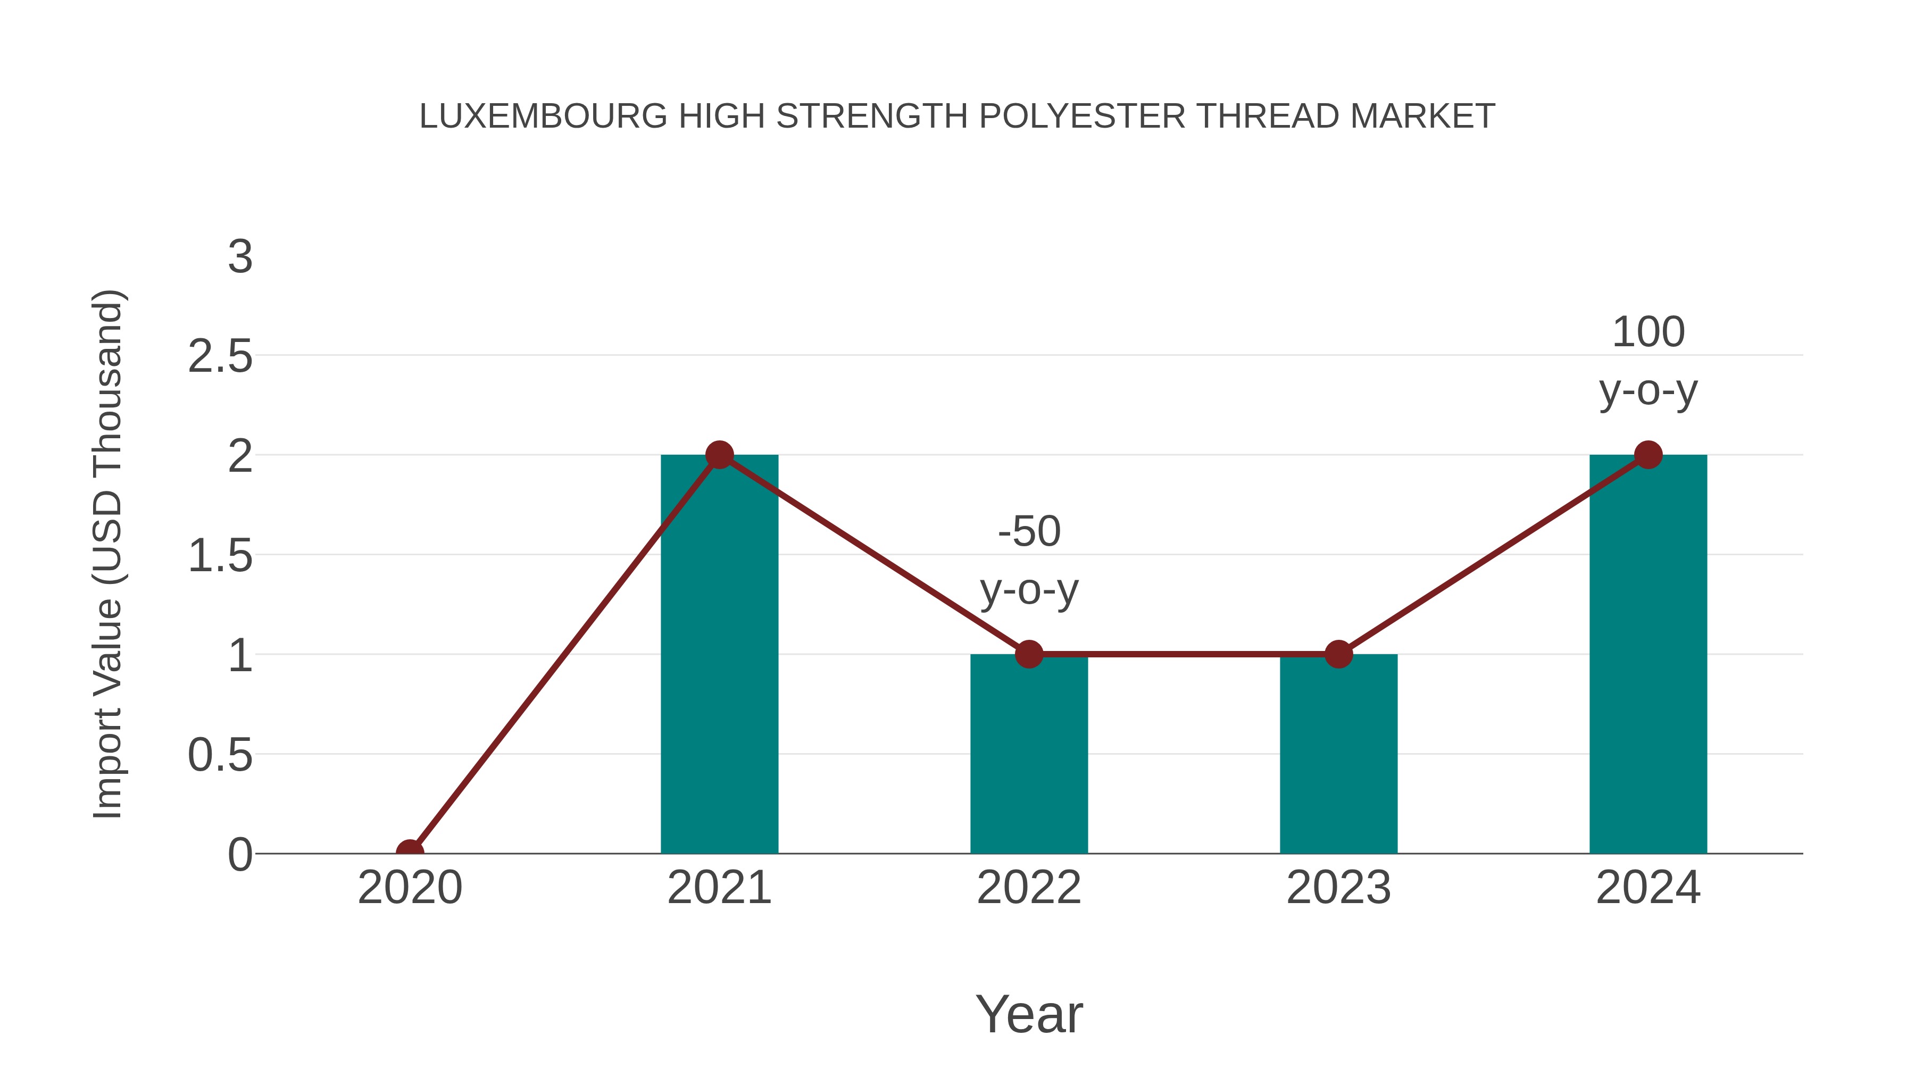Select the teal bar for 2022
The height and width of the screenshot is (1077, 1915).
(1029, 754)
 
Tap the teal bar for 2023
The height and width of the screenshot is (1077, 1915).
(1338, 754)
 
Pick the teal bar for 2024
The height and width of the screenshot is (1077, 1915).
(1648, 654)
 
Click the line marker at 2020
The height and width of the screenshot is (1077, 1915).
(410, 852)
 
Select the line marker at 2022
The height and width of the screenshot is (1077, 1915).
(1029, 654)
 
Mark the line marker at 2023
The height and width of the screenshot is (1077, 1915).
(1338, 654)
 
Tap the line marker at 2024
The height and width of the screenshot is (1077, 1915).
(1648, 454)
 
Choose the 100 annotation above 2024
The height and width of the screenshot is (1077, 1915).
(1648, 332)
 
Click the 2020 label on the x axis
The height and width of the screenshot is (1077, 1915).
(410, 888)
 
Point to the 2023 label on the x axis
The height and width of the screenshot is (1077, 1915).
(1338, 888)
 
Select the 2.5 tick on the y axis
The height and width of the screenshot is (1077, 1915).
(220, 357)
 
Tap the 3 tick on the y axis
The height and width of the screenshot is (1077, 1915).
(240, 257)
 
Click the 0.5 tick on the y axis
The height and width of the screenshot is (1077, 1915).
(220, 755)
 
